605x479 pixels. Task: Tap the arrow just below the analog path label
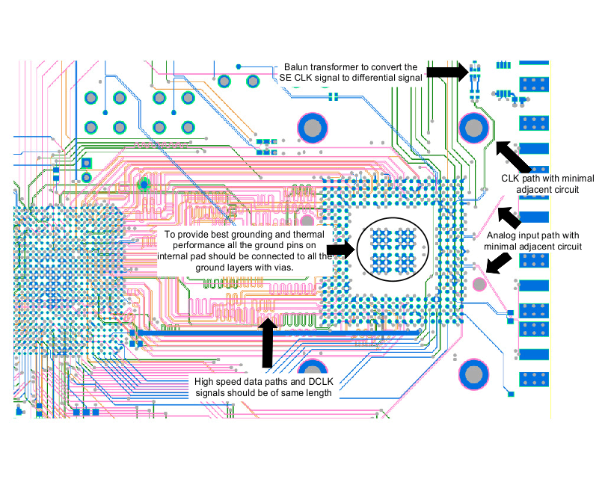[497, 261]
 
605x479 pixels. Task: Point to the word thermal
[190, 245]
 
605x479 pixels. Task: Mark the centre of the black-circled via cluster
[391, 250]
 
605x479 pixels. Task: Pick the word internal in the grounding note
[175, 256]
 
